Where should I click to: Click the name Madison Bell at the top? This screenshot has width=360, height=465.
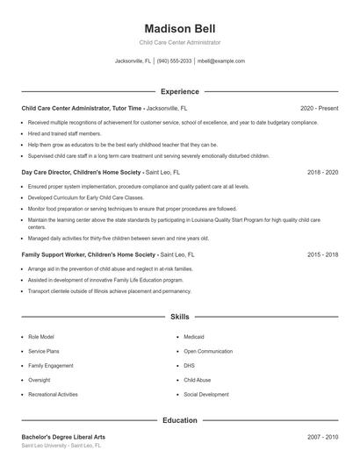179,28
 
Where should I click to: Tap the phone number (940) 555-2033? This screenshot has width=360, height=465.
175,61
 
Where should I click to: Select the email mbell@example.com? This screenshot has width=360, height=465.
221,61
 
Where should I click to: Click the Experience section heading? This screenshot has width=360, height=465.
180,91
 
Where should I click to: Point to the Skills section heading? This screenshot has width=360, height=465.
180,316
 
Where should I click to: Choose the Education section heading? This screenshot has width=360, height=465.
180,420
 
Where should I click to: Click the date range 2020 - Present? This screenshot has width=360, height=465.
319,108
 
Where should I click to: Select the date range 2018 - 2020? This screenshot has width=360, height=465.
322,173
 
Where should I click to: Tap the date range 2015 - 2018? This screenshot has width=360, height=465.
322,254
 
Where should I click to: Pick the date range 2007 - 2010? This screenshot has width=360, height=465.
322,436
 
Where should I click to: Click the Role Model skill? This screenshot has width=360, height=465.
41,336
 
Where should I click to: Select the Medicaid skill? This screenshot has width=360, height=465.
194,336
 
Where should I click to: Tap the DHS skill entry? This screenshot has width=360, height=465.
189,365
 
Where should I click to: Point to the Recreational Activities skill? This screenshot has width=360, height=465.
53,394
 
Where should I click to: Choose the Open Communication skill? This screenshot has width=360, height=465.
208,351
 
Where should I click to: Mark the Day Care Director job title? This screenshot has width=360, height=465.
52,173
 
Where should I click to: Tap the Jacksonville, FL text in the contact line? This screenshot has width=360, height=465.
133,61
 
